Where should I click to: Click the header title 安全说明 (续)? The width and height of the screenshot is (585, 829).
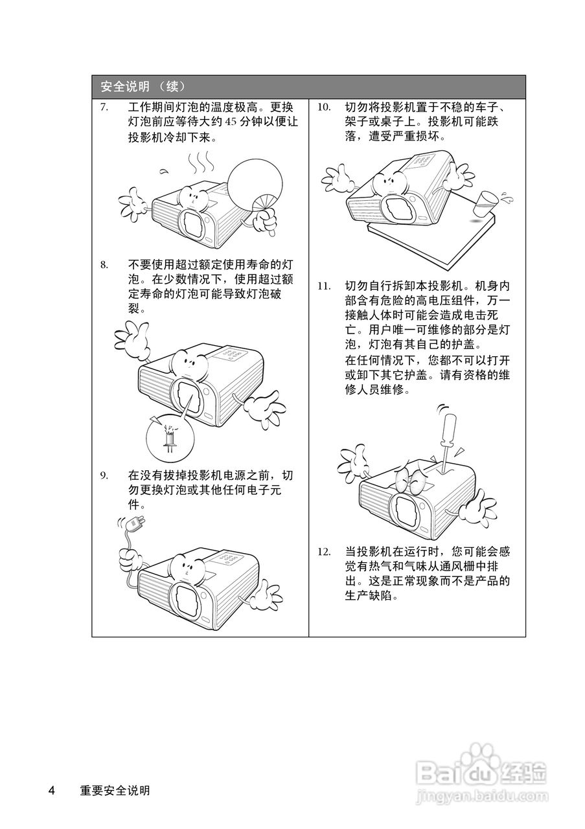(x=143, y=87)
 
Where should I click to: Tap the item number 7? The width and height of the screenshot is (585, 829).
(x=104, y=108)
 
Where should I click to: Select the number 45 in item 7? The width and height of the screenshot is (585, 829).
(x=230, y=122)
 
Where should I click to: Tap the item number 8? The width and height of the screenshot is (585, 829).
(x=104, y=265)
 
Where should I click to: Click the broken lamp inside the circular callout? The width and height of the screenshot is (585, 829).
(x=170, y=439)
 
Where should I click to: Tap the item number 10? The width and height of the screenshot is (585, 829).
(x=324, y=108)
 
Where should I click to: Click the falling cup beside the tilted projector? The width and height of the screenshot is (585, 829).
(x=483, y=203)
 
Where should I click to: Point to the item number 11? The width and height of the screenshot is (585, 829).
(x=324, y=286)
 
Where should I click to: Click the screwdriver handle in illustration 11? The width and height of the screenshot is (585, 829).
(x=450, y=431)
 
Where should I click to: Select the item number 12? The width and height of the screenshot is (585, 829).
(x=324, y=552)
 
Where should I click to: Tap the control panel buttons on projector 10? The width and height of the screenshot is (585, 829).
(x=422, y=159)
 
